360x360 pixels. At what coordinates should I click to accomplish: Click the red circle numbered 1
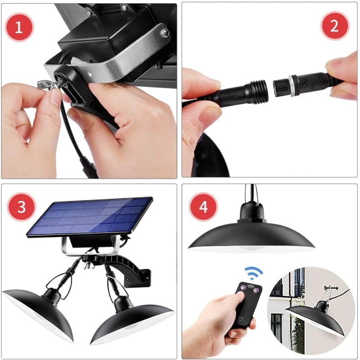[x=19, y=27]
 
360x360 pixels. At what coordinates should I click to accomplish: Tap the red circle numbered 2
[x=334, y=26]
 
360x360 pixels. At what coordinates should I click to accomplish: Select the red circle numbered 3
[x=21, y=207]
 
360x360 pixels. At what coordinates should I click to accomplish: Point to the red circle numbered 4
[x=203, y=207]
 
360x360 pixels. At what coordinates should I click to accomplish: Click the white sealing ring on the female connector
[x=292, y=85]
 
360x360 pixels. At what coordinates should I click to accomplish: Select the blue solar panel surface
[x=90, y=216]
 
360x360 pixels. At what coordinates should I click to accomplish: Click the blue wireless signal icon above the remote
[x=253, y=273]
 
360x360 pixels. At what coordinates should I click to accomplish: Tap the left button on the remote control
[x=243, y=288]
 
